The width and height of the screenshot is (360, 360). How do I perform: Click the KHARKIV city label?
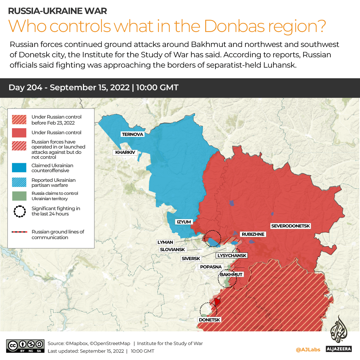125,153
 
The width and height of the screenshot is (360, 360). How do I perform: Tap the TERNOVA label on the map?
133,134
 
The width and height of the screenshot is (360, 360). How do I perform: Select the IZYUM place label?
183,222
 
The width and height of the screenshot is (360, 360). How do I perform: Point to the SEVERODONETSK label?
290,226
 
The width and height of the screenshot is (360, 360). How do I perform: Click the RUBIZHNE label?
253,234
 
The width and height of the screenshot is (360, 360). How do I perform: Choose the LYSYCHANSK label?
232,255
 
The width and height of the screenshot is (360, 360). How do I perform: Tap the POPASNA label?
211,267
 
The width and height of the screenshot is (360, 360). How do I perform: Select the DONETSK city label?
209,320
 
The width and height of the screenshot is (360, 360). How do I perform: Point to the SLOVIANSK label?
173,249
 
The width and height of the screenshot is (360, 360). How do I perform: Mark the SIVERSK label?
191,258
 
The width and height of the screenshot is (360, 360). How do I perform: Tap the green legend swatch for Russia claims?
19,196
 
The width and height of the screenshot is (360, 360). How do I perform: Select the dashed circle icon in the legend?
19,211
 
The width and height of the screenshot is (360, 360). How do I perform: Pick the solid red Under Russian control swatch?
19,133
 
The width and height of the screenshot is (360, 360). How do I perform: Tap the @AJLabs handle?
308,349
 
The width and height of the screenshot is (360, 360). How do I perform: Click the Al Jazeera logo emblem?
338,330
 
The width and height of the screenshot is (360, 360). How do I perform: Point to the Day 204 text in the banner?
25,88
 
